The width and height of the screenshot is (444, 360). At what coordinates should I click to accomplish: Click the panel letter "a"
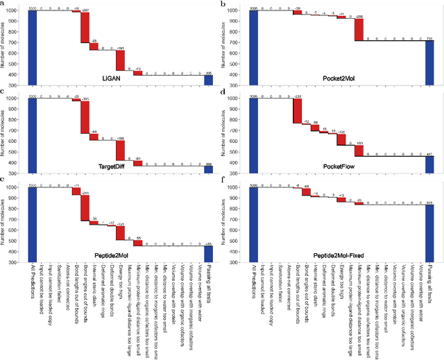click(3, 4)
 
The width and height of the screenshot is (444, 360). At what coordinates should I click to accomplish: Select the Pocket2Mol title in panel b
click(340, 68)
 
